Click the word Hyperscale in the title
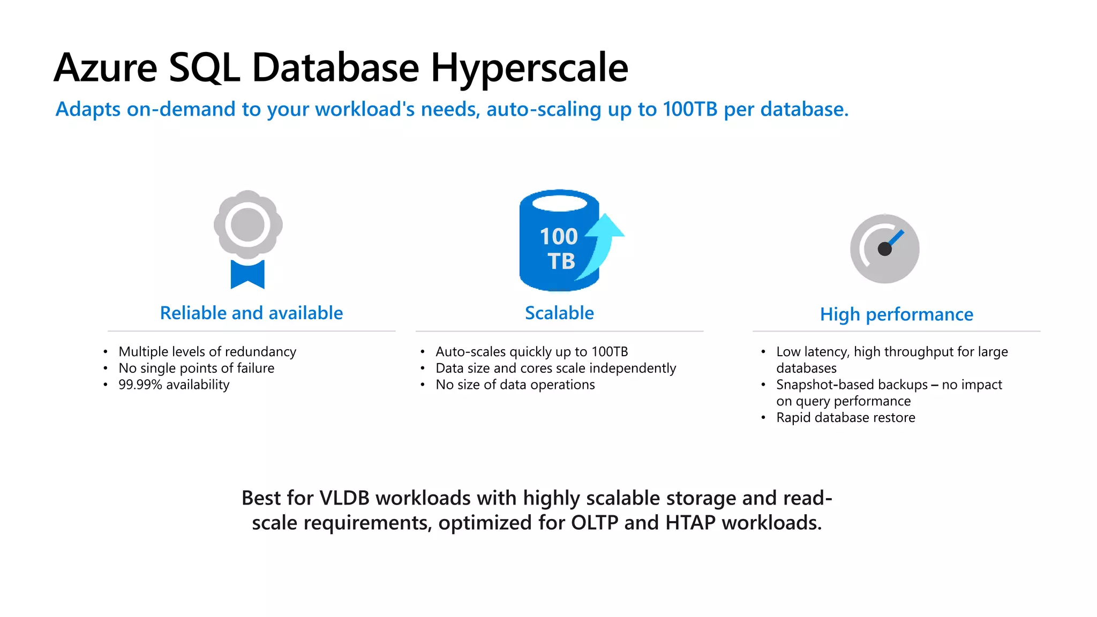pyautogui.click(x=529, y=68)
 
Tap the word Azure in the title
pyautogui.click(x=106, y=68)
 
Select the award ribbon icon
pyautogui.click(x=247, y=238)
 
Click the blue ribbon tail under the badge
pyautogui.click(x=247, y=274)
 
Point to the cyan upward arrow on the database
pyautogui.click(x=604, y=241)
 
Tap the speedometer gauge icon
pyautogui.click(x=884, y=249)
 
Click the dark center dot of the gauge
pyautogui.click(x=884, y=249)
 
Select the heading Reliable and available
pyautogui.click(x=251, y=313)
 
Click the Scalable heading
pyautogui.click(x=559, y=313)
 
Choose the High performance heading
pyautogui.click(x=896, y=314)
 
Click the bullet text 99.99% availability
pyautogui.click(x=174, y=385)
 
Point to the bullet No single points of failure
pyautogui.click(x=196, y=368)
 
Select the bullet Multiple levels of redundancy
pyautogui.click(x=207, y=351)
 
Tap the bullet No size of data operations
pyautogui.click(x=515, y=385)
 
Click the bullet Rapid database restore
pyautogui.click(x=845, y=417)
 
